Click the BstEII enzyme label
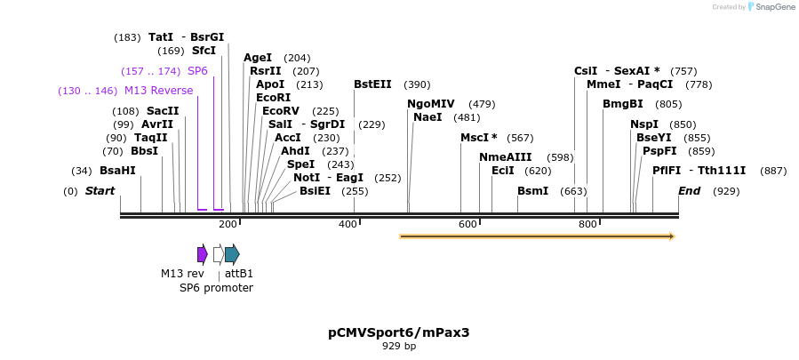coord(372,84)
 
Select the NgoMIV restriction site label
coord(431,104)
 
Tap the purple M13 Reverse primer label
coord(158,91)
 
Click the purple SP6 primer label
coord(197,71)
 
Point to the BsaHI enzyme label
coord(117,171)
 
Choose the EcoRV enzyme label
coord(281,111)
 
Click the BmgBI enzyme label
coord(622,104)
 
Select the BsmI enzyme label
coord(532,191)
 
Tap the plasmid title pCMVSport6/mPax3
coord(398,332)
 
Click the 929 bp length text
coord(399,347)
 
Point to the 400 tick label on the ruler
coord(348,224)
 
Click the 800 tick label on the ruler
coord(587,224)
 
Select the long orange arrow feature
coord(537,236)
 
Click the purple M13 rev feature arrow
coord(203,254)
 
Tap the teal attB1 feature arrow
coord(232,254)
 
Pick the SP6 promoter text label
coord(216,288)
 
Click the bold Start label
coord(100,191)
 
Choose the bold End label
coord(690,191)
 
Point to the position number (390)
coord(417,85)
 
